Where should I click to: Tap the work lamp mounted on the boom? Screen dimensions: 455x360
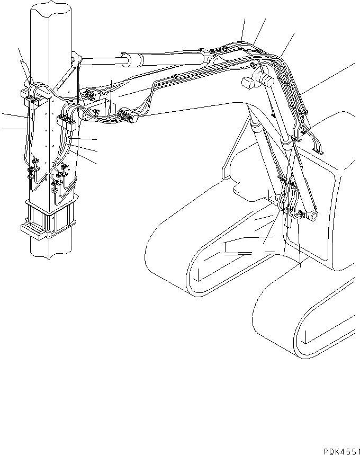click(x=248, y=84)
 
